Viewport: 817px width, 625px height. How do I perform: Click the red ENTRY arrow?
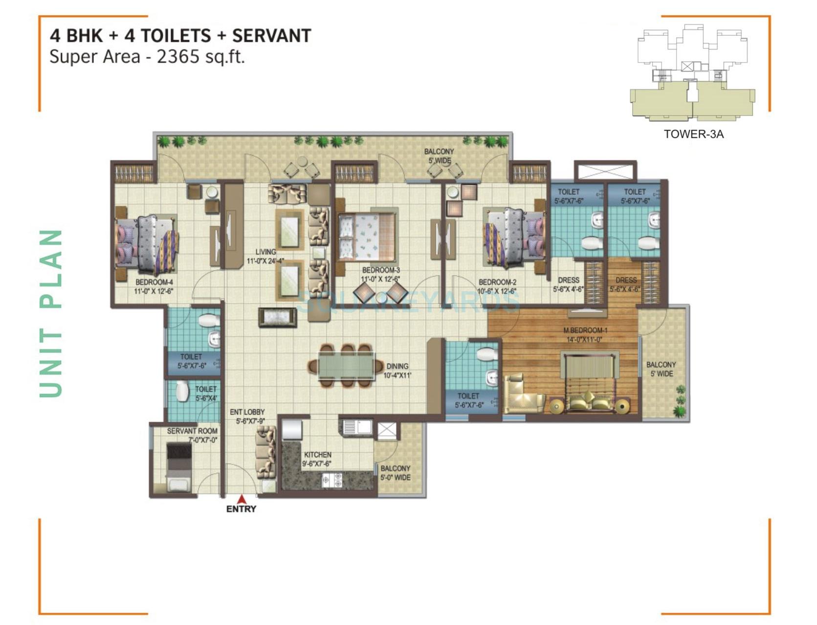click(x=241, y=500)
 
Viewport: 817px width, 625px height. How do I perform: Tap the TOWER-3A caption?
click(x=693, y=134)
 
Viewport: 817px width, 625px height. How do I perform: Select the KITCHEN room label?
click(x=317, y=455)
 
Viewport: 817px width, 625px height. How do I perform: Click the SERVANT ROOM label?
click(x=192, y=431)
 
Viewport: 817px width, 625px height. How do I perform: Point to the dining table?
click(x=346, y=366)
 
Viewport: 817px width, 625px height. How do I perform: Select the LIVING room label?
click(x=265, y=252)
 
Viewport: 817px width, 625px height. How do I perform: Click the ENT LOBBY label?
click(x=247, y=412)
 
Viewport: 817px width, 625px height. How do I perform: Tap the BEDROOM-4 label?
click(x=154, y=282)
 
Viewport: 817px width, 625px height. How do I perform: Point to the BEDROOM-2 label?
click(x=497, y=282)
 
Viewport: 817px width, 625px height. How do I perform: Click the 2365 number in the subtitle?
click(x=178, y=57)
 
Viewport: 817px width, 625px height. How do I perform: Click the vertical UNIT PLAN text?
click(x=51, y=313)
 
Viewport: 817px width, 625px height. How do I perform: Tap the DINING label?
click(x=397, y=366)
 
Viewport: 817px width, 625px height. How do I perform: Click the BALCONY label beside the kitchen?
click(x=395, y=468)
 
